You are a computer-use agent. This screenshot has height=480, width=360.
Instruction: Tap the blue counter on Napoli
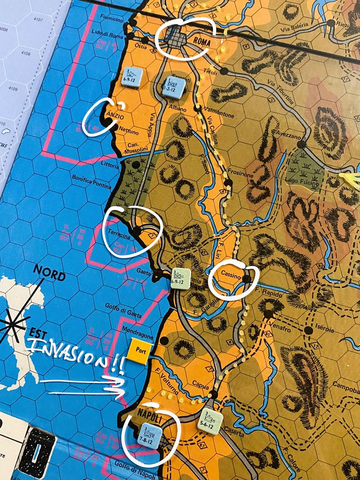click(x=150, y=436)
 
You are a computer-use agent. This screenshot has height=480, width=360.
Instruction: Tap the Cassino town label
click(x=231, y=277)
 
